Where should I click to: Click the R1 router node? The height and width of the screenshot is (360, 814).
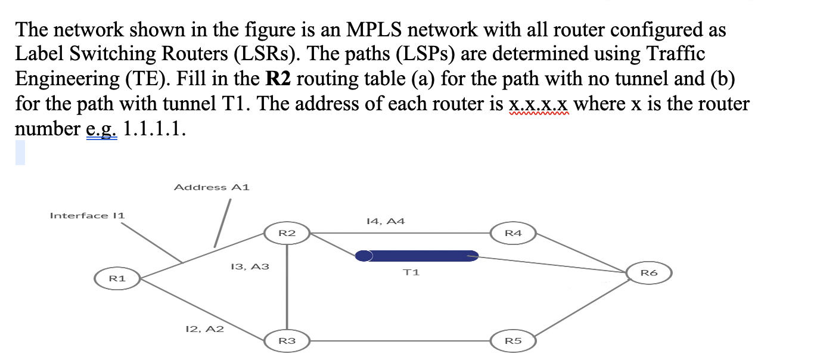(117, 278)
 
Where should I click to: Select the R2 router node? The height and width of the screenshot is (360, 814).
(287, 232)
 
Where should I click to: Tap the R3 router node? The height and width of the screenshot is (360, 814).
(287, 342)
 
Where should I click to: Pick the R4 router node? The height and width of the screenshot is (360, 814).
(513, 232)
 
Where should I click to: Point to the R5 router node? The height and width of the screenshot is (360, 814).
(513, 342)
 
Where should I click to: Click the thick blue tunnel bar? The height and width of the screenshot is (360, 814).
(417, 256)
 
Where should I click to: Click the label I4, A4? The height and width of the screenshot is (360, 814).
(385, 221)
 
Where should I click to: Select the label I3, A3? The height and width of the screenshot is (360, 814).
(249, 267)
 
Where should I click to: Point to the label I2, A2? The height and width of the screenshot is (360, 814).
(204, 328)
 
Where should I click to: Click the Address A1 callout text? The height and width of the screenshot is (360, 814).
(212, 187)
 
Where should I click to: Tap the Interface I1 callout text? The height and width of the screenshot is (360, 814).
(87, 216)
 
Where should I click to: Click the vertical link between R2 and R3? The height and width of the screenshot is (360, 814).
(287, 286)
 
